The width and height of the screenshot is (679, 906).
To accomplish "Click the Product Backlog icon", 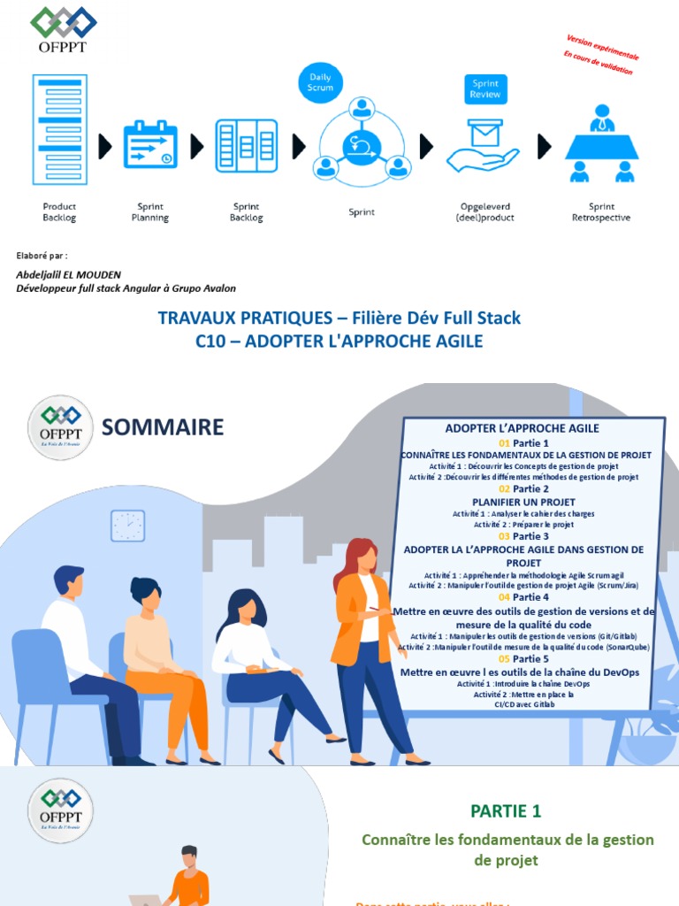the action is [x=59, y=131].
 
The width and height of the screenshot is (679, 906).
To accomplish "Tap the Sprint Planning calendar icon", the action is [x=150, y=144].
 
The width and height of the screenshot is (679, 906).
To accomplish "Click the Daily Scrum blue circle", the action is [x=321, y=82].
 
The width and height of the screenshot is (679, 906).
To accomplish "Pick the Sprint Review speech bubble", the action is [x=484, y=89].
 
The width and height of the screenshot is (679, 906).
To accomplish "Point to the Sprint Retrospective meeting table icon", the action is [x=602, y=144].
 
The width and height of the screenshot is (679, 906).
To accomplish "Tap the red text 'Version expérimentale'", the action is [x=602, y=48].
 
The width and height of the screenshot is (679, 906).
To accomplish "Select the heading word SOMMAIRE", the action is [x=163, y=428].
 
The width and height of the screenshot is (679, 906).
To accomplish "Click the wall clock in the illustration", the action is [x=127, y=526].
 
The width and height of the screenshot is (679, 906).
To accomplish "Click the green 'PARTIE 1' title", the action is [x=506, y=810].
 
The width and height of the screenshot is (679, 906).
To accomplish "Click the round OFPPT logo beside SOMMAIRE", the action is [x=60, y=428].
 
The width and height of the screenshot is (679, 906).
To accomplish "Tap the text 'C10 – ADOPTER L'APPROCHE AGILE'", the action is [x=339, y=341].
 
